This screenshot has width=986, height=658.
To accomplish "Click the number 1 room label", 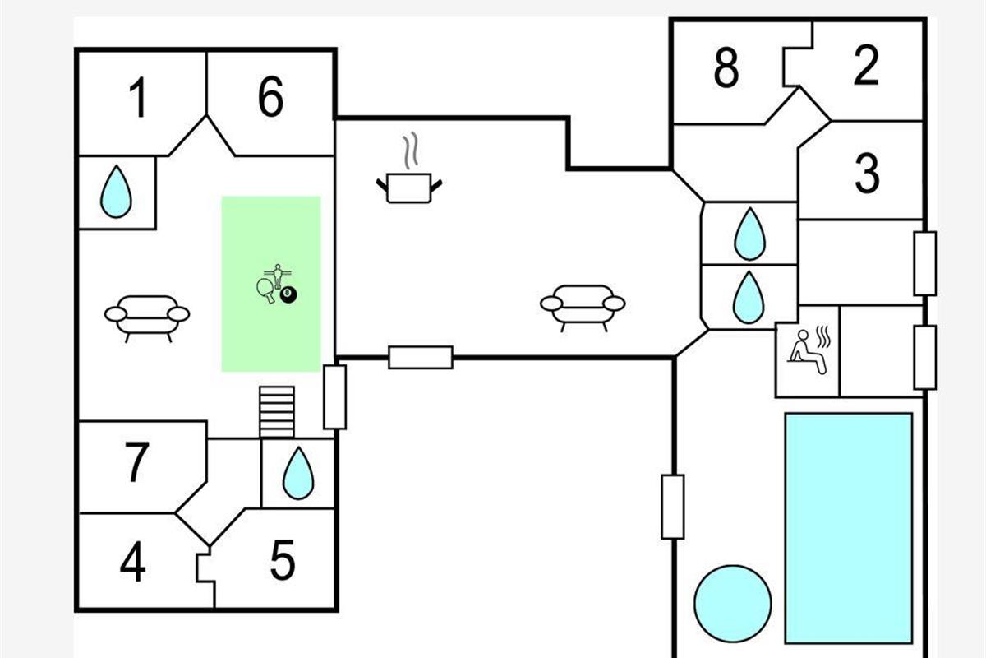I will click(x=139, y=99).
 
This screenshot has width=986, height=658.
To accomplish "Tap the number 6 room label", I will click(x=270, y=98).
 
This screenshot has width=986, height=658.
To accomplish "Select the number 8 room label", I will click(x=726, y=68).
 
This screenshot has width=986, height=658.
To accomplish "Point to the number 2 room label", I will click(x=866, y=67).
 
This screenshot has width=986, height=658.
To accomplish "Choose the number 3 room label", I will click(x=867, y=174).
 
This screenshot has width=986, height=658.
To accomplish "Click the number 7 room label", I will click(x=137, y=463).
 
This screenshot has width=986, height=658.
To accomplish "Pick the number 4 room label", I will click(x=132, y=563).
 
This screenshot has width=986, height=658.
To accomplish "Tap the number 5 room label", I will click(x=282, y=562).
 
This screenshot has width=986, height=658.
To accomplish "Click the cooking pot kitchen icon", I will click(x=409, y=187).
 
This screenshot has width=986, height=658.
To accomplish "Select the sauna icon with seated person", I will click(x=809, y=351).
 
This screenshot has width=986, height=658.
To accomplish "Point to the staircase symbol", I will click(x=277, y=411).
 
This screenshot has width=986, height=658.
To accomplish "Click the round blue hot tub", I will click(x=732, y=604).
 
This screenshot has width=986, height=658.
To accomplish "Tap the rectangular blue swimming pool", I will click(x=848, y=527).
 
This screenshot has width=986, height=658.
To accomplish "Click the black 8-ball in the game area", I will click(x=288, y=294).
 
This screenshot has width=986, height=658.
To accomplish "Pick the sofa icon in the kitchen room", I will click(x=583, y=306).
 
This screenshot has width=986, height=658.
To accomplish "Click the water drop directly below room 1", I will click(x=116, y=192).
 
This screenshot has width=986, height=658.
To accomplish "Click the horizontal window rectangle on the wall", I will click(x=421, y=357).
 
